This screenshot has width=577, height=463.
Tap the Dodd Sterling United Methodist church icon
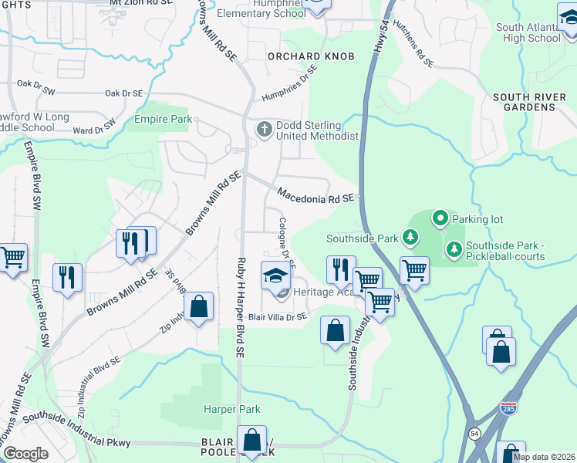coord(265,128)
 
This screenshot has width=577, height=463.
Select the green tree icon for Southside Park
coord(412,237)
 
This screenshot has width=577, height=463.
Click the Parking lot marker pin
coord(440,218)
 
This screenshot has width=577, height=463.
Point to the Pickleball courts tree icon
coord(453,248)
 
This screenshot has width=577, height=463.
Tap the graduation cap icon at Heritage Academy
coord(275,275)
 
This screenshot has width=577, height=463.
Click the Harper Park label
coord(231,409)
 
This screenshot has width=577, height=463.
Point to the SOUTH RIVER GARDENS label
coord(525,102)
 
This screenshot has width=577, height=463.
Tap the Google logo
coord(25,454)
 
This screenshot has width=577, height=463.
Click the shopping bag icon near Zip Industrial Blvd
coord(199,306)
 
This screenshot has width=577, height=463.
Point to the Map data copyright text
coord(544,457)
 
